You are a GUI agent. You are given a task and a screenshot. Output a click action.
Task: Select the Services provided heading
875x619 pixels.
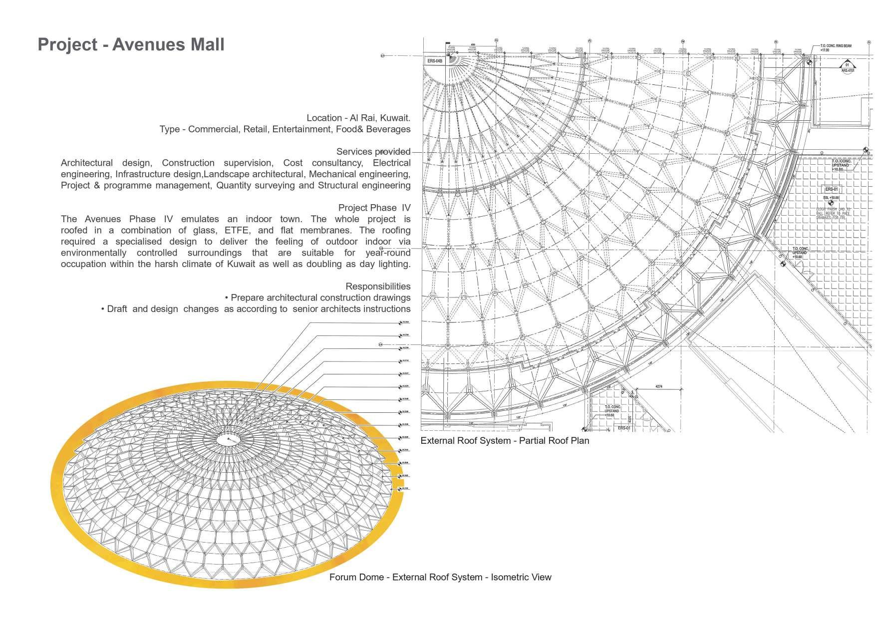click(x=373, y=151)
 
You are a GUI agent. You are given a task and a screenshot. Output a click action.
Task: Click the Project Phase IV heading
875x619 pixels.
click(x=374, y=208)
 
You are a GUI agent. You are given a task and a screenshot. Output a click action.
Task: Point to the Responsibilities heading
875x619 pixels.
click(x=378, y=286)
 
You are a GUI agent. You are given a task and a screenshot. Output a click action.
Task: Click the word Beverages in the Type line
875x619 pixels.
click(x=387, y=129)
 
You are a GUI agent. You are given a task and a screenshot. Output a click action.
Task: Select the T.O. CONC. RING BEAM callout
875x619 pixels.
click(x=835, y=48)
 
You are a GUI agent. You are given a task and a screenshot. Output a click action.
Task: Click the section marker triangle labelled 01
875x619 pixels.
click(x=847, y=65)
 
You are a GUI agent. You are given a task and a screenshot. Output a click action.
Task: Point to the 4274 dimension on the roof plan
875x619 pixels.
click(x=658, y=386)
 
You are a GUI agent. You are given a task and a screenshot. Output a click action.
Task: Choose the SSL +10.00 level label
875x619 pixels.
click(x=831, y=198)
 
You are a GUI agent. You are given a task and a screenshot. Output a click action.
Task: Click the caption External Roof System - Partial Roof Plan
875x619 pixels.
click(x=505, y=441)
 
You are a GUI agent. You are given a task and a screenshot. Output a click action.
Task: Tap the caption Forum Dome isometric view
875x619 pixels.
click(x=440, y=577)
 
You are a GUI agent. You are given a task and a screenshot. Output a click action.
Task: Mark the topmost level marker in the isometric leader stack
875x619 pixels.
click(x=401, y=323)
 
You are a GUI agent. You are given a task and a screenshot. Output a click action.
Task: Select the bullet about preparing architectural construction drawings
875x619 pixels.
click(x=317, y=298)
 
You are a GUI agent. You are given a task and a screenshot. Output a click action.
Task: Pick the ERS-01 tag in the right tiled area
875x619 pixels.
click(x=831, y=190)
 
